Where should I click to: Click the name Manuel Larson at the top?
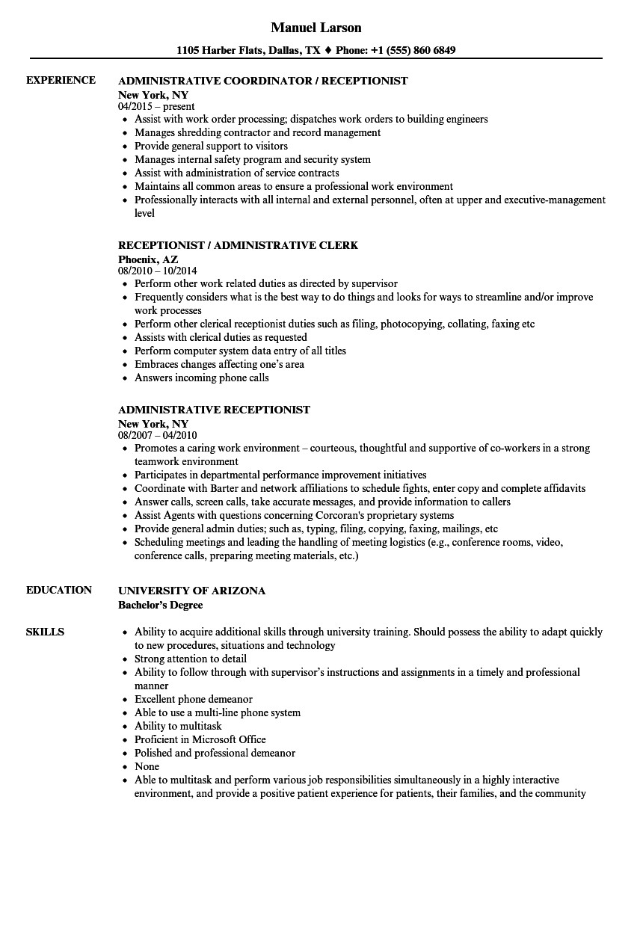(x=316, y=28)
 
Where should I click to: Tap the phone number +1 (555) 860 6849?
(x=411, y=51)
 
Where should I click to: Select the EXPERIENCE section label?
(x=61, y=81)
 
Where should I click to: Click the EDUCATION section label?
(x=59, y=591)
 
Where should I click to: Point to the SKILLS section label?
(x=45, y=632)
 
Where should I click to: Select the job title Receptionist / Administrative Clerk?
(x=238, y=246)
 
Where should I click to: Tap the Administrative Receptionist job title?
(x=214, y=410)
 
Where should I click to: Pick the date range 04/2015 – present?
(x=156, y=107)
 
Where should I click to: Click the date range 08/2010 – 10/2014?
(x=157, y=271)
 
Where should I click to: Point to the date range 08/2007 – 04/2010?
(x=157, y=436)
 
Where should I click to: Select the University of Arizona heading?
(x=191, y=591)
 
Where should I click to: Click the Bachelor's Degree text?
(x=160, y=605)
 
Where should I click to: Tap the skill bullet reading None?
(x=147, y=767)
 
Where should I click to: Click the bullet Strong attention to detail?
(x=190, y=659)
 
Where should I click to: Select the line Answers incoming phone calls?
(x=201, y=378)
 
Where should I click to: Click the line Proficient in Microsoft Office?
(x=200, y=740)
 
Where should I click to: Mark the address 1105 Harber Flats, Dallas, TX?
(x=248, y=51)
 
